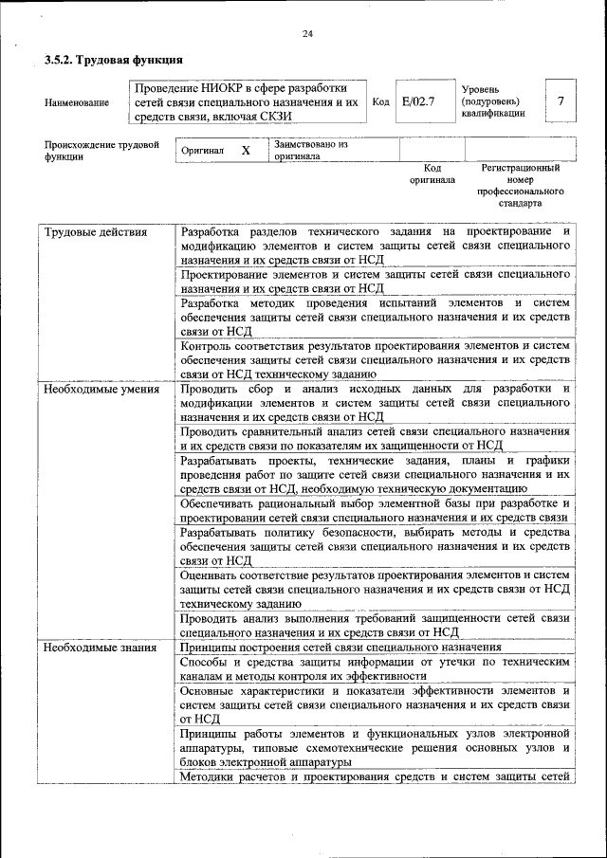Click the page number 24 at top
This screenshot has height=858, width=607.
[306, 34]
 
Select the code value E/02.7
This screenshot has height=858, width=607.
[417, 100]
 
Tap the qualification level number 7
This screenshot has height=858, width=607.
[561, 100]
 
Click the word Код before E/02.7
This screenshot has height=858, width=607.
[379, 101]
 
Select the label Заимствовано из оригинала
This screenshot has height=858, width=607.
[310, 151]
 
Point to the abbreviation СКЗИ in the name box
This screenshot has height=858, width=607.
[271, 117]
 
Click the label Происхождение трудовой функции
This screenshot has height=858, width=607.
[101, 151]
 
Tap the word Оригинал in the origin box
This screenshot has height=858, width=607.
[204, 151]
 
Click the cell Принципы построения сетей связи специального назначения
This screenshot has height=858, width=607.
[340, 647]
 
